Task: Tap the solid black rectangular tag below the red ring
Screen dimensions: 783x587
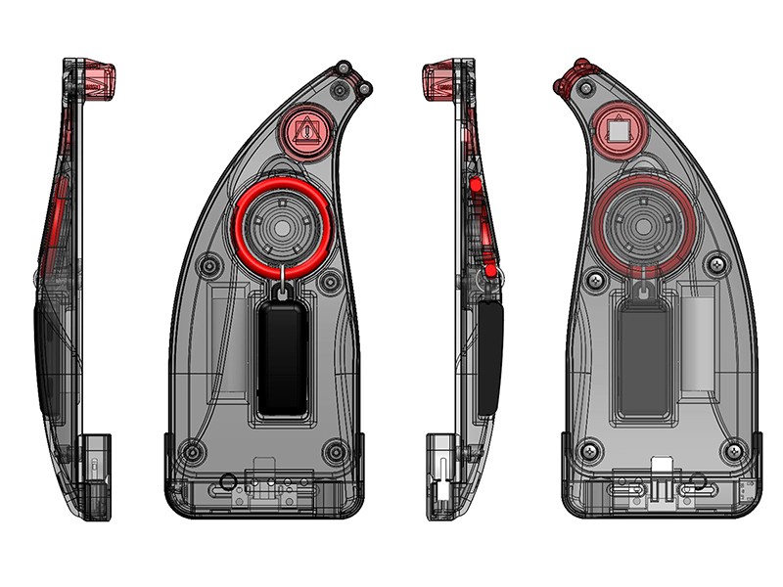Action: click(282, 358)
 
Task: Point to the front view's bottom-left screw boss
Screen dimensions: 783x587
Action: click(193, 451)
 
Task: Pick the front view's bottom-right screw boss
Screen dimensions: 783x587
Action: click(336, 451)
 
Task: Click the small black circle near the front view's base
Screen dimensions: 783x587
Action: click(228, 480)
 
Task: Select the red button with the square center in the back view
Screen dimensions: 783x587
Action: click(617, 127)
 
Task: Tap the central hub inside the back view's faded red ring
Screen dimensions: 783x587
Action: click(644, 227)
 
